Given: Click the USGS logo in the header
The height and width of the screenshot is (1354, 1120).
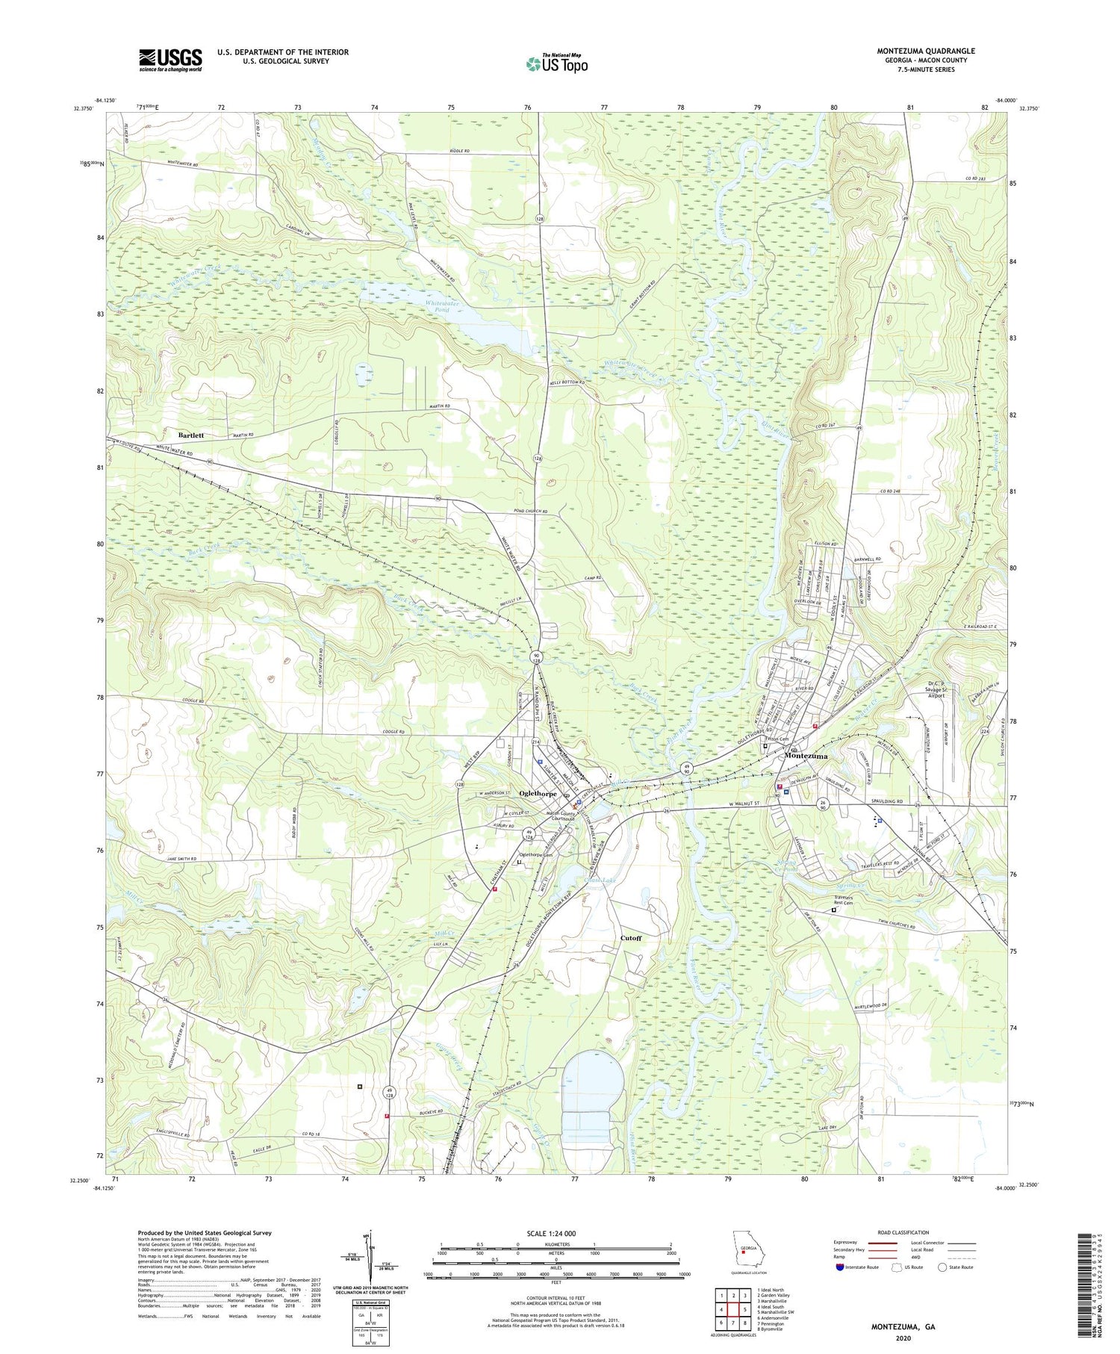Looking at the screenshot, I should [x=170, y=60].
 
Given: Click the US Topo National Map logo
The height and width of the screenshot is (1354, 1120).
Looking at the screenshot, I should [x=556, y=63].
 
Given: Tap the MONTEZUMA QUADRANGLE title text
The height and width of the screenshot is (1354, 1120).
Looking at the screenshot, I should [x=925, y=51].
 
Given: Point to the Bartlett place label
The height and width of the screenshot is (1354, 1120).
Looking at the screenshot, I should [x=191, y=435].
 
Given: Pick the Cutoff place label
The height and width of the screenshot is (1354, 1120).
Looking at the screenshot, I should [x=631, y=938].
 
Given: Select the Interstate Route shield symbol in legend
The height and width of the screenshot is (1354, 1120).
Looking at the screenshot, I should [x=839, y=1267].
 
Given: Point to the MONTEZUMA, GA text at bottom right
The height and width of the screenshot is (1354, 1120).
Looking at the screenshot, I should [x=903, y=1327].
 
